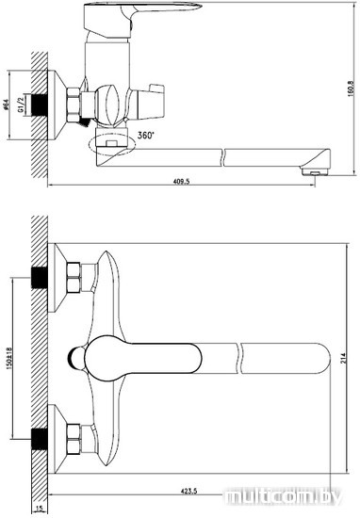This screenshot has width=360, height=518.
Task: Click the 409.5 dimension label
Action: pyautogui.click(x=181, y=181)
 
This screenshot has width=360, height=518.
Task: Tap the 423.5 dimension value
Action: pyautogui.click(x=188, y=492)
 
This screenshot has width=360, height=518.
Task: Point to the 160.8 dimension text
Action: pyautogui.click(x=352, y=89)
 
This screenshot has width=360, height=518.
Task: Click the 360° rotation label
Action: pyautogui.click(x=146, y=135)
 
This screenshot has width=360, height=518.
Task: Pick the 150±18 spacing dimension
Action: pyautogui.click(x=8, y=358)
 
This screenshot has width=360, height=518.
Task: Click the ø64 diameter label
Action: pyautogui.click(x=5, y=105)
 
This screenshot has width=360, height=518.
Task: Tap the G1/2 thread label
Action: pyautogui.click(x=22, y=105)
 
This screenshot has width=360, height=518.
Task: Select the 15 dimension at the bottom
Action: pyautogui.click(x=39, y=510)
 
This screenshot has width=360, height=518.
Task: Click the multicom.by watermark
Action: pyautogui.click(x=283, y=496)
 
